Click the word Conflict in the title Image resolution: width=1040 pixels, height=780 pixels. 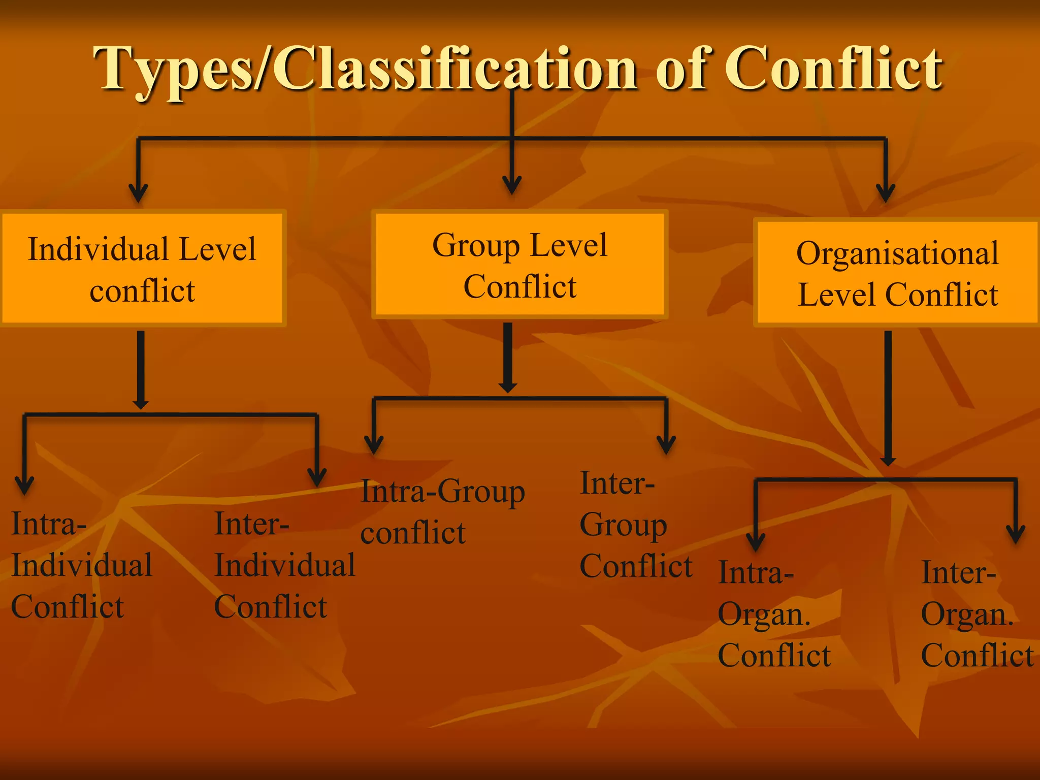tap(833, 69)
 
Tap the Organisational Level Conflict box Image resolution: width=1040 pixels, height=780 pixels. tap(897, 273)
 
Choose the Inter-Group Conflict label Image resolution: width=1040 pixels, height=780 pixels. tap(635, 524)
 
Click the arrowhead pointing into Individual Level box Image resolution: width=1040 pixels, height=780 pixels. tap(138, 193)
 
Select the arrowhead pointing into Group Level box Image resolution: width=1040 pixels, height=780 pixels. tap(512, 185)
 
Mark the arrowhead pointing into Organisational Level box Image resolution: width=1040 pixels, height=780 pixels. tap(886, 193)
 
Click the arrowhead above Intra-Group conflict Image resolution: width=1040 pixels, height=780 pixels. tap(374, 445)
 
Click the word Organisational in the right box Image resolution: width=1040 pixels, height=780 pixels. tap(897, 253)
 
